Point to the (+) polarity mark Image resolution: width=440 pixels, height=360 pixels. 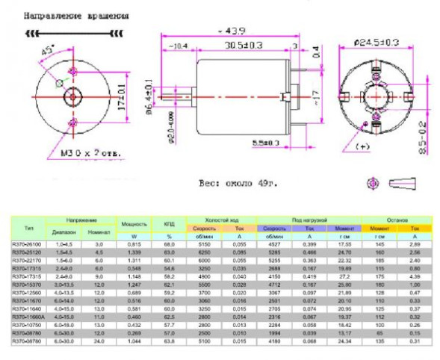(x=364, y=144)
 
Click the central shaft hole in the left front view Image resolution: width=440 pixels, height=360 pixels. (x=72, y=96)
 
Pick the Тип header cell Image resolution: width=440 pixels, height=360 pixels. (x=28, y=227)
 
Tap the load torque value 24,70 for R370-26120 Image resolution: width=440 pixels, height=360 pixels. (x=343, y=253)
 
